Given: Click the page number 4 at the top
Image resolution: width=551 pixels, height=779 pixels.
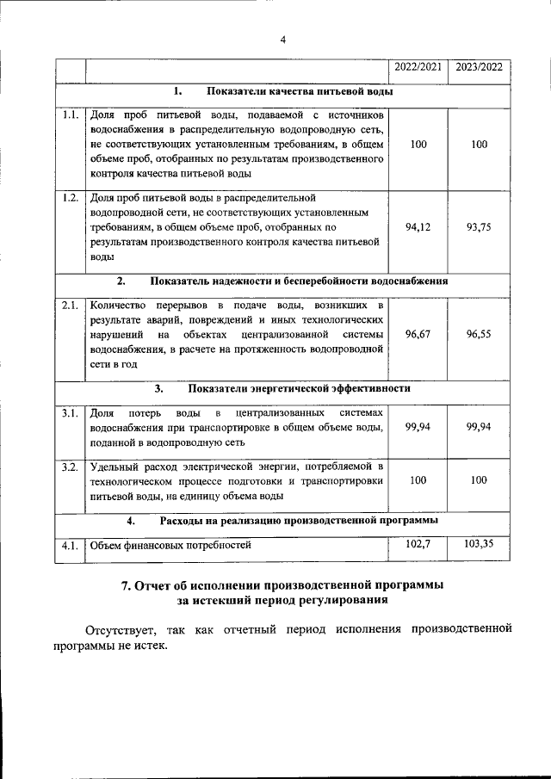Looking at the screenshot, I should pyautogui.click(x=282, y=39).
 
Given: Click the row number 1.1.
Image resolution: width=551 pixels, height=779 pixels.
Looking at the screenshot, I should pyautogui.click(x=71, y=114).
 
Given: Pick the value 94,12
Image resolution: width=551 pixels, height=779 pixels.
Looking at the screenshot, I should pyautogui.click(x=418, y=227).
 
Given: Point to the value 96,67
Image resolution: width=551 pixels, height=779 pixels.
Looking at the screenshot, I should pyautogui.click(x=418, y=335).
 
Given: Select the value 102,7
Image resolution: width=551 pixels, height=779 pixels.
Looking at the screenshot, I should pyautogui.click(x=418, y=544).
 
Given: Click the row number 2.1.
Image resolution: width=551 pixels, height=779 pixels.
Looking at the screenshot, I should pyautogui.click(x=71, y=305).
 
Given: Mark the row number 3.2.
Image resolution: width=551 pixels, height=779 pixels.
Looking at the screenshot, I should pyautogui.click(x=71, y=467).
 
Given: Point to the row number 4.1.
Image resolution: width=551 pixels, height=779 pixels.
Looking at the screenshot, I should pyautogui.click(x=71, y=545).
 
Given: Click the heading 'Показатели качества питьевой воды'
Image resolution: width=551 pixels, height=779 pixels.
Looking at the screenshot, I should pyautogui.click(x=300, y=91).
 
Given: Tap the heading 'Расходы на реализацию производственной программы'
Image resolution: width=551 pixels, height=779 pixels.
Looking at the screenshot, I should pyautogui.click(x=299, y=521).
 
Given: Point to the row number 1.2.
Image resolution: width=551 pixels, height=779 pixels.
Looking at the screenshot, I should pyautogui.click(x=71, y=198).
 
